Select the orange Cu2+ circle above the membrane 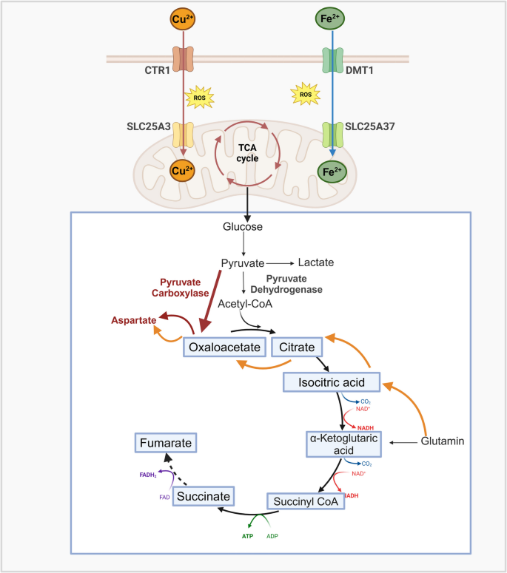click(x=181, y=18)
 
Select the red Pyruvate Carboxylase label click(x=164, y=287)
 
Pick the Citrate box click(x=300, y=346)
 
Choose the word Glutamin click(x=442, y=441)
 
